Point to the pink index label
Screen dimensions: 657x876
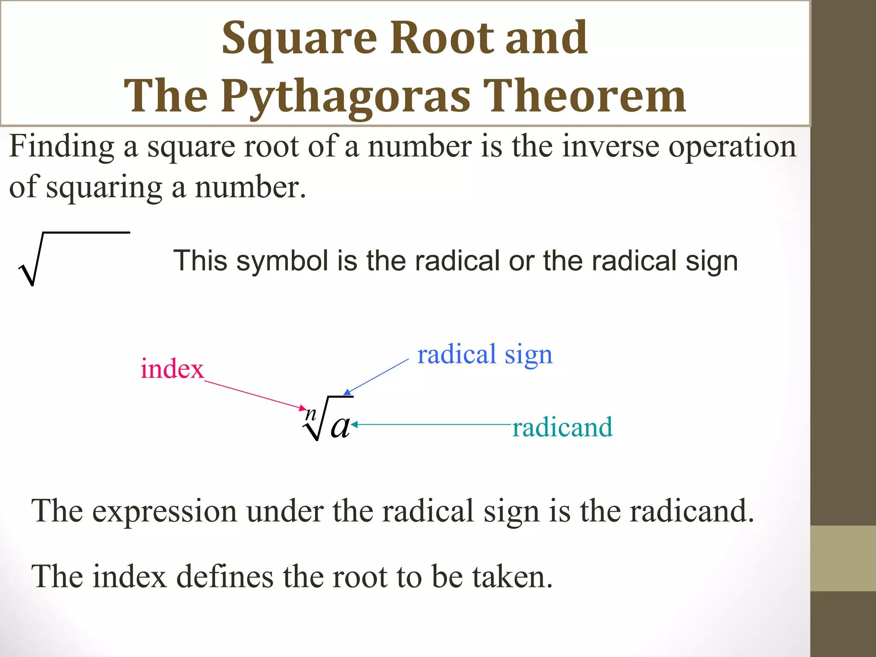click(x=172, y=369)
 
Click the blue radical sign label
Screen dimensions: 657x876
click(x=485, y=355)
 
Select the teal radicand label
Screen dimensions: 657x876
click(x=562, y=427)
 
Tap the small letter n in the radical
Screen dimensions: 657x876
click(x=311, y=414)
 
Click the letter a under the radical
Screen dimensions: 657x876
click(x=340, y=426)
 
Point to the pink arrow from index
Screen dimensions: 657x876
click(x=255, y=395)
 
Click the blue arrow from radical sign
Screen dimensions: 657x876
click(x=376, y=377)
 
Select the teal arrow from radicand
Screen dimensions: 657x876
click(x=432, y=425)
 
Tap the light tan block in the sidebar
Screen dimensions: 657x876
click(x=843, y=559)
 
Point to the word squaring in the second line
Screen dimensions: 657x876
click(x=104, y=187)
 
